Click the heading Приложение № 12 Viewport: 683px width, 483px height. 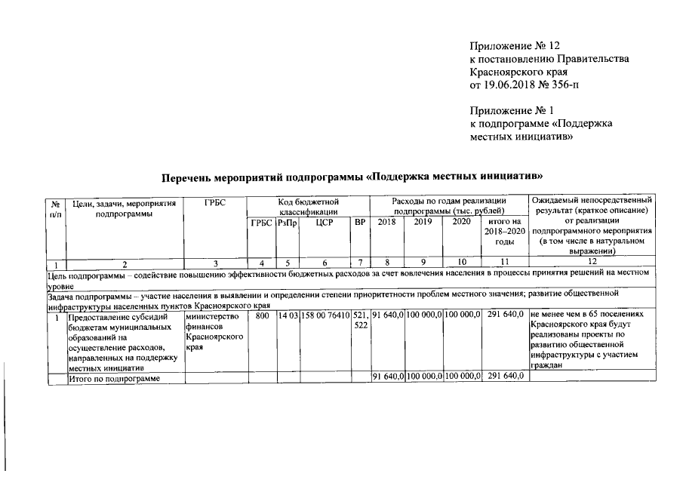(515, 46)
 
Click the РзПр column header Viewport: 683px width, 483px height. (288, 223)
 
